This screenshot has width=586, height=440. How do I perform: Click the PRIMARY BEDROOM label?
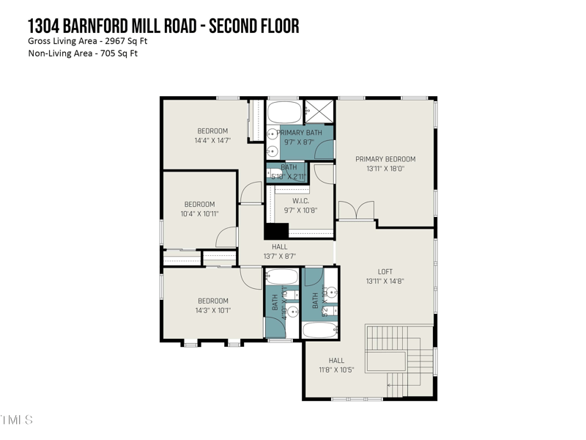click(x=385, y=159)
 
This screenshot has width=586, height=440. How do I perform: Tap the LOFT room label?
click(x=385, y=271)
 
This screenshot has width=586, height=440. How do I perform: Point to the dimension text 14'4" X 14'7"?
click(x=212, y=140)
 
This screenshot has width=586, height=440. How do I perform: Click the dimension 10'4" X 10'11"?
click(x=200, y=213)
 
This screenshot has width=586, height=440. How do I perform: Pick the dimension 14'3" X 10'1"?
click(x=212, y=310)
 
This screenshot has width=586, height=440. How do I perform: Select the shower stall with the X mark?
click(x=319, y=111)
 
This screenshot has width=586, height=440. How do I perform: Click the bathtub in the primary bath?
click(x=284, y=113)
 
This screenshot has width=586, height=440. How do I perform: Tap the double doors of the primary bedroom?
click(x=357, y=212)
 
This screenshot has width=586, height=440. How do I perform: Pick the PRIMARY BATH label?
click(x=299, y=133)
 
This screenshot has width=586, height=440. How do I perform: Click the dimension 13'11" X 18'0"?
click(x=385, y=169)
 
